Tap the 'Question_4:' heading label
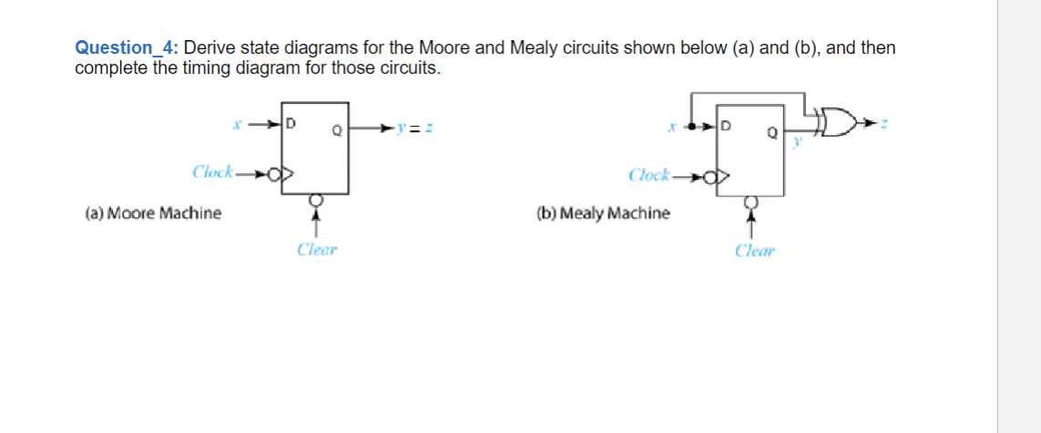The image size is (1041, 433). [x=127, y=48]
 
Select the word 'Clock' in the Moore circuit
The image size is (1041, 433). [x=212, y=171]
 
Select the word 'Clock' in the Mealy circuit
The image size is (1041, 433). [x=648, y=173]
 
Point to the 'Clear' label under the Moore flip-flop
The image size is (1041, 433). [x=317, y=249]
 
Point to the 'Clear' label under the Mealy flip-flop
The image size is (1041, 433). [x=754, y=250]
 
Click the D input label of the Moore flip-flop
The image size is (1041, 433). [x=291, y=121]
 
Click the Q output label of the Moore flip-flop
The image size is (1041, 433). [x=335, y=129]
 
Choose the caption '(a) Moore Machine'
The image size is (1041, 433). [x=153, y=213]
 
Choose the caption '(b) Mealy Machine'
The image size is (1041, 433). [x=603, y=213]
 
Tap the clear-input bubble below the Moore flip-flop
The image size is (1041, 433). [x=315, y=199]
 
